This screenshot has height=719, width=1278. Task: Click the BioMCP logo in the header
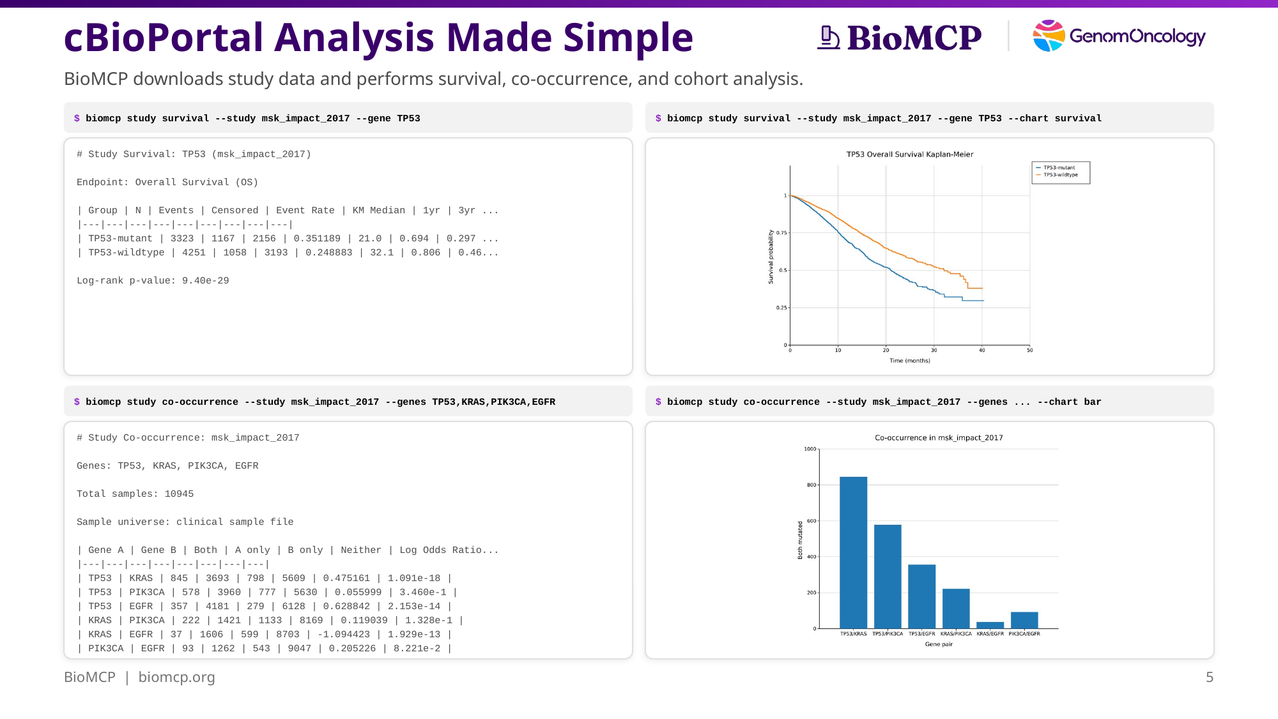coord(899,37)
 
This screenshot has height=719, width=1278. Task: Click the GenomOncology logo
coord(1119,36)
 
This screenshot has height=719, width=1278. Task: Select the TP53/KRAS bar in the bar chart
coord(853,552)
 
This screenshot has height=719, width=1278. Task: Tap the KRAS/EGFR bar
coord(990,625)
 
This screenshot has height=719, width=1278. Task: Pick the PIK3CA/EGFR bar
coord(1024,620)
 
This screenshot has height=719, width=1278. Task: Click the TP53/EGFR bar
coord(921,596)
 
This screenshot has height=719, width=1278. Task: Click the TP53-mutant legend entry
coord(1059,168)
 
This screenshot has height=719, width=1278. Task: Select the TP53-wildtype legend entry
coord(1060,175)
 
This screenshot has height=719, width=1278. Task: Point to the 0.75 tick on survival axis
coord(782,233)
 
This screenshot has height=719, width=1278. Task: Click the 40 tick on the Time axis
coord(982,351)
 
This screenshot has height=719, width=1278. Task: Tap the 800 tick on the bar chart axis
coord(812,485)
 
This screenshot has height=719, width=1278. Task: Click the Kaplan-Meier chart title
coord(910,155)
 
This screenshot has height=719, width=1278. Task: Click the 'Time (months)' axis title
coord(910,361)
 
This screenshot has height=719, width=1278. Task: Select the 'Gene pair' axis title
coord(939,644)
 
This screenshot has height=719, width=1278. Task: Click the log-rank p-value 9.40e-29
coord(205,281)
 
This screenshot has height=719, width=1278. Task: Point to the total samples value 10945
coord(179,494)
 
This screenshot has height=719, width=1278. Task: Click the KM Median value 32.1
coord(381,253)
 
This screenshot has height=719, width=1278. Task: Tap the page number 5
coord(1209,677)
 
